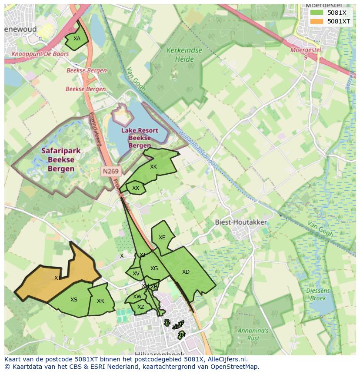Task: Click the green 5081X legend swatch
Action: (x=317, y=13)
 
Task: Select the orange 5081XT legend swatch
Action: (x=317, y=21)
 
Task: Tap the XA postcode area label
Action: (x=77, y=39)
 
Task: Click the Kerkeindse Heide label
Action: (x=184, y=55)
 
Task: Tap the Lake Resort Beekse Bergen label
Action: (x=140, y=138)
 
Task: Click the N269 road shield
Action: (x=110, y=171)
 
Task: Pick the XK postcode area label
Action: (x=153, y=167)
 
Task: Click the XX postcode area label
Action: (x=136, y=188)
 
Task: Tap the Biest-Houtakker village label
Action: (x=241, y=222)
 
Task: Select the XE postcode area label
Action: (x=162, y=238)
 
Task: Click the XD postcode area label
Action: (x=186, y=272)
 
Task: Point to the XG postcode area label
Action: (x=154, y=268)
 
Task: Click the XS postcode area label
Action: (x=74, y=300)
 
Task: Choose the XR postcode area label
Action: (x=100, y=301)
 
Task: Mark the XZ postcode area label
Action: (x=140, y=307)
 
